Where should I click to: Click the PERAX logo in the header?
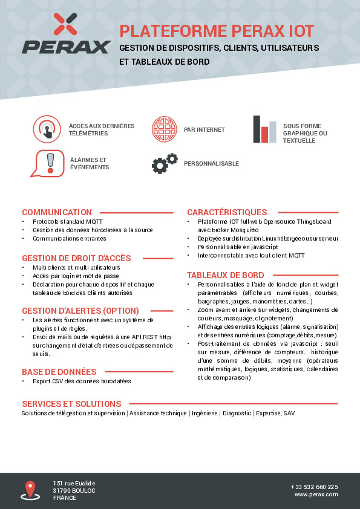67,34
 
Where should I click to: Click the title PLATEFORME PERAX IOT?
217,31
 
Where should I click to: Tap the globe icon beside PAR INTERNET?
164,129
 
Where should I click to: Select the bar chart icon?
264,129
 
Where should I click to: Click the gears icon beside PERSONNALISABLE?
165,163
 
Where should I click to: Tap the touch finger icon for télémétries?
47,129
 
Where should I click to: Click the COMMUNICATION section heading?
57,212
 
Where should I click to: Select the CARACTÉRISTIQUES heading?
227,212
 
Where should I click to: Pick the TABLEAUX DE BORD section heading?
225,274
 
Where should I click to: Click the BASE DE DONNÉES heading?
59,372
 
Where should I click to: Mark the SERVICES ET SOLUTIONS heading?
71,404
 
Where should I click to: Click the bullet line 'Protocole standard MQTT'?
68,222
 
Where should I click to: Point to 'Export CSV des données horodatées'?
82,381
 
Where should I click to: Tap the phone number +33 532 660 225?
314,487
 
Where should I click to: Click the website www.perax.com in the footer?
316,494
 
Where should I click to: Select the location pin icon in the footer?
30,490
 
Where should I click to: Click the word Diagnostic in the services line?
237,413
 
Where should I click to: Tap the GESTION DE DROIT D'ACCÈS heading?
76,258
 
